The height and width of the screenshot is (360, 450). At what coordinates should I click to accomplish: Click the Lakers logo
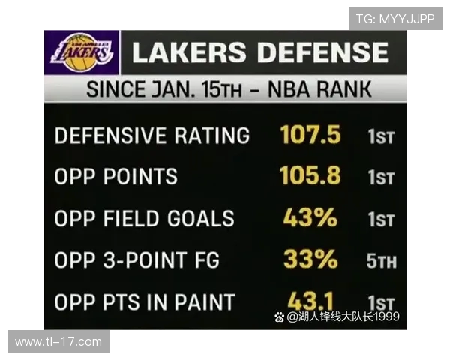tap(82, 52)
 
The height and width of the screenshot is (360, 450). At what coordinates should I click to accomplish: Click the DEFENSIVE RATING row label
tap(152, 136)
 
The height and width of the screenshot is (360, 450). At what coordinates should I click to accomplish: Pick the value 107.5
tap(310, 136)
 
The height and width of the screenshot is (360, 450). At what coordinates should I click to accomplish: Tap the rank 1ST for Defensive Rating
tap(381, 137)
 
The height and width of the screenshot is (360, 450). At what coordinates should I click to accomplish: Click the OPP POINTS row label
tap(116, 177)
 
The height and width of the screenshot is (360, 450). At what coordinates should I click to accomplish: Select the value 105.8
tap(310, 176)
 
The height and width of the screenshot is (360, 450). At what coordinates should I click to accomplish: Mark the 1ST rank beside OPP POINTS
tap(381, 178)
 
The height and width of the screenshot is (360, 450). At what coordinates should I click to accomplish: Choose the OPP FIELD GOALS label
tap(145, 218)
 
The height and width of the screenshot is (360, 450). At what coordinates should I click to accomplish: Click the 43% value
tap(310, 218)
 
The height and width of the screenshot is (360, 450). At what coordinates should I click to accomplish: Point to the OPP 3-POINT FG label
tap(137, 260)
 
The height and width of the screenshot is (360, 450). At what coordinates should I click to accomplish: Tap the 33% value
tap(310, 259)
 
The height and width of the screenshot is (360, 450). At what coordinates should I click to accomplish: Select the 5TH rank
tap(382, 262)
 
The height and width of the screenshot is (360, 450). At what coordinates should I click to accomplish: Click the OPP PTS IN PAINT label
tap(145, 302)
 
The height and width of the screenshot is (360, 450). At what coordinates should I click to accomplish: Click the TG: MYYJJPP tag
tap(394, 19)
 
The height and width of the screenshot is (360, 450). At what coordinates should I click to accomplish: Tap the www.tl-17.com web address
tap(58, 341)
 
